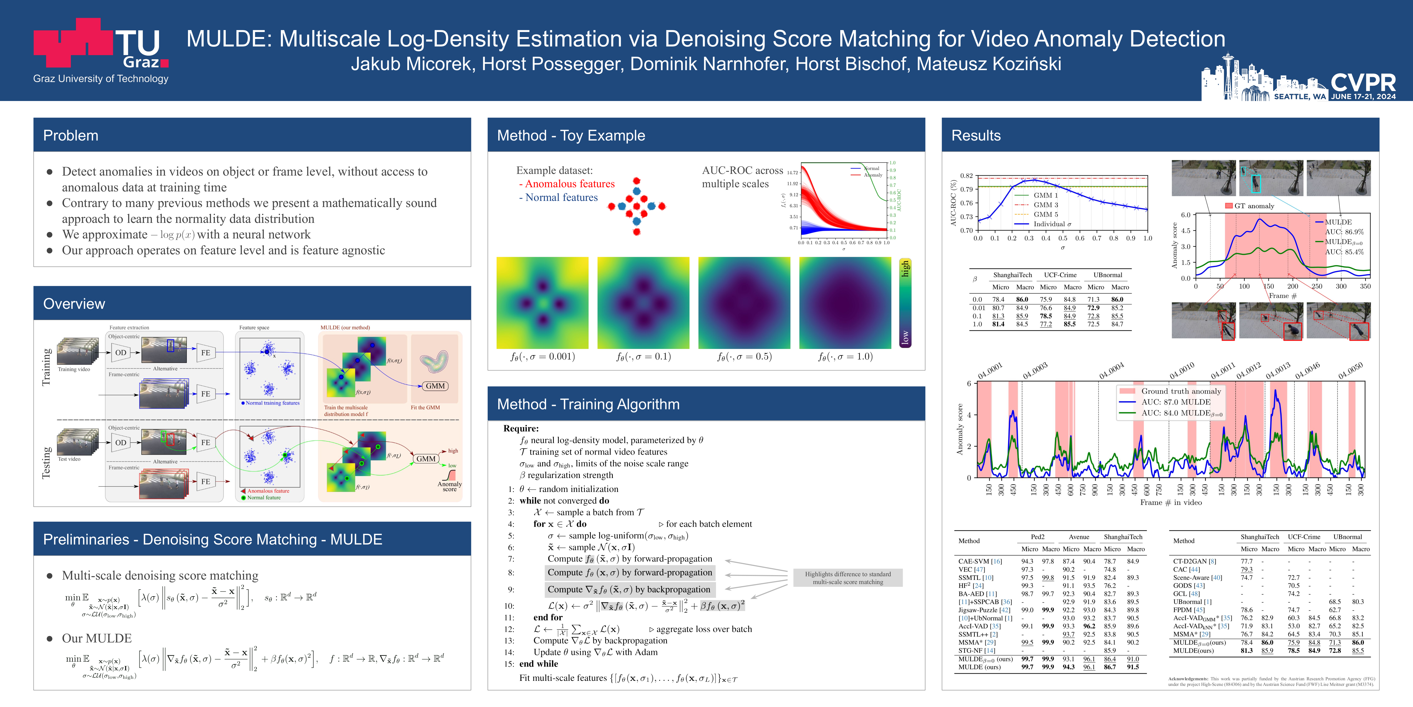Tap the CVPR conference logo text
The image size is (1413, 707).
[1363, 82]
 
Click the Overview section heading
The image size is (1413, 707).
[74, 304]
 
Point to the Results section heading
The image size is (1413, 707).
[976, 136]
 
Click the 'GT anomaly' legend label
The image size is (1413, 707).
[1254, 206]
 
